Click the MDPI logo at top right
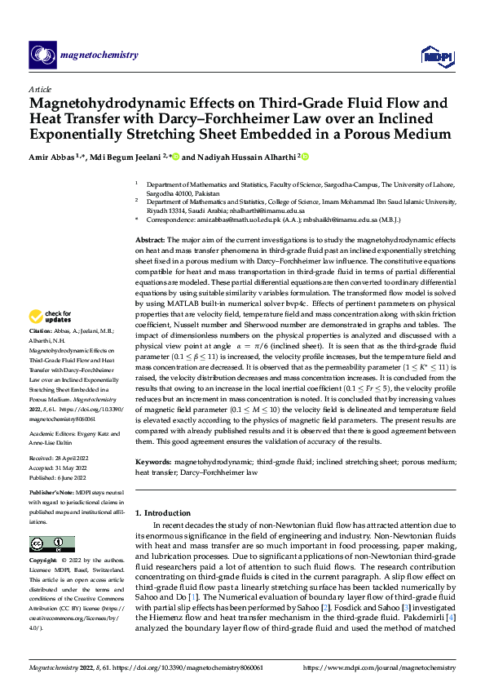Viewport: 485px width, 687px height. (x=435, y=55)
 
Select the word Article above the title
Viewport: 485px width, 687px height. (x=40, y=89)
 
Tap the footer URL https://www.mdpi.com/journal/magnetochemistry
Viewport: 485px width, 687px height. (x=379, y=666)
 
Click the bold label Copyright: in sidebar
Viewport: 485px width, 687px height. (x=44, y=561)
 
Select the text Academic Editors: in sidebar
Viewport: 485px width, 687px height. (x=53, y=435)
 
